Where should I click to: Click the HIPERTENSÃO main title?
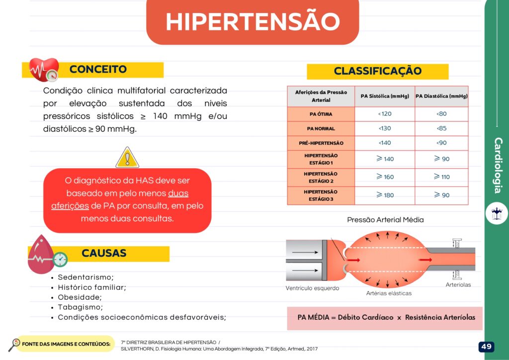tap(253, 21)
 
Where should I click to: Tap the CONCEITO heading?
tap(98, 70)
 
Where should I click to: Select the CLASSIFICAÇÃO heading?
tap(377, 71)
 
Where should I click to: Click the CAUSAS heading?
tap(104, 253)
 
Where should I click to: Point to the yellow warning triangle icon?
tap(127, 158)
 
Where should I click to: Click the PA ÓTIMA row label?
tap(321, 114)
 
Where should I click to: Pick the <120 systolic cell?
tap(385, 114)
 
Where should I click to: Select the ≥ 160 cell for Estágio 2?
tap(385, 177)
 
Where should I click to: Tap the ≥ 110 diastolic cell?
tap(441, 177)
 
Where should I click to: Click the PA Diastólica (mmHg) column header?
tap(441, 96)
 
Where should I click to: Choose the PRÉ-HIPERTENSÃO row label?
tap(321, 143)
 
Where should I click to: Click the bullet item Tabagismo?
tap(80, 307)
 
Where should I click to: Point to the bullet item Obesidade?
tap(80, 297)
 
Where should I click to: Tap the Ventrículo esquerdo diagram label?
tap(312, 288)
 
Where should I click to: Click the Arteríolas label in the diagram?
tap(458, 285)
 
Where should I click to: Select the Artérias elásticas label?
tap(389, 293)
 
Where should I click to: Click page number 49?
tap(486, 347)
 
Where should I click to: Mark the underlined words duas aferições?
tap(119, 199)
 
